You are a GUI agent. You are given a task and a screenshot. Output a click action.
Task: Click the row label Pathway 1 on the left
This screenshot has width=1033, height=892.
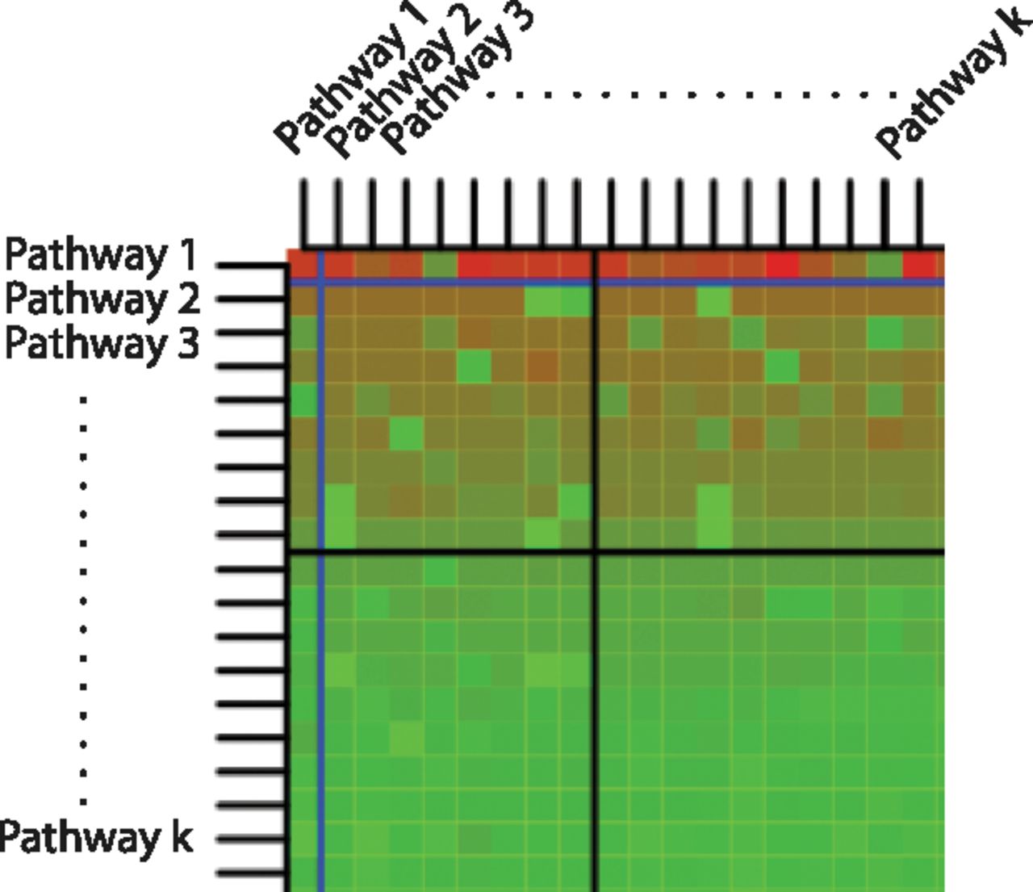pyautogui.click(x=101, y=255)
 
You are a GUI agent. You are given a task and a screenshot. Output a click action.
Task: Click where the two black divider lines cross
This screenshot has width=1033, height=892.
pyautogui.click(x=595, y=552)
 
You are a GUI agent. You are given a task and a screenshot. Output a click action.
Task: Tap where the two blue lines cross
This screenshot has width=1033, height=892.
pyautogui.click(x=321, y=283)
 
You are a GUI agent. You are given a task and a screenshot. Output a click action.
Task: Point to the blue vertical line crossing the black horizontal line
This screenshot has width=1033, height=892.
pyautogui.click(x=321, y=552)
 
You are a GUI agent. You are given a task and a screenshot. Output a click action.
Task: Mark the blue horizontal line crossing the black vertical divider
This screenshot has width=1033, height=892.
pyautogui.click(x=595, y=283)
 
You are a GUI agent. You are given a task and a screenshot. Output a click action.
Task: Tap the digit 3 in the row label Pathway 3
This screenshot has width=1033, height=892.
pyautogui.click(x=188, y=342)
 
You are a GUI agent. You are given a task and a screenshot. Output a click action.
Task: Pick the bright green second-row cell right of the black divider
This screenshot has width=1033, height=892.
pyautogui.click(x=714, y=302)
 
